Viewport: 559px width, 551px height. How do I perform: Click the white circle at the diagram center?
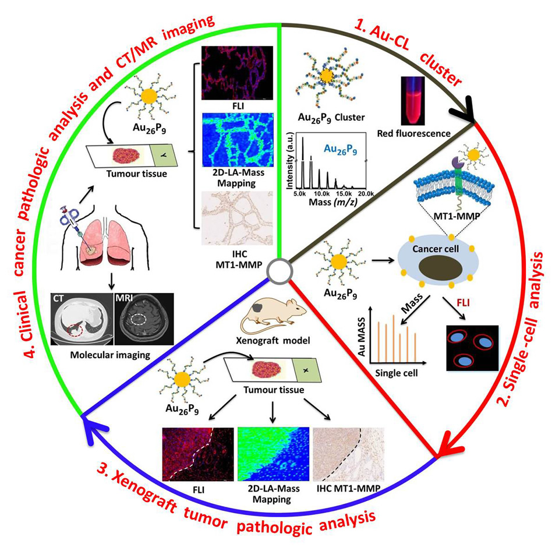[x=278, y=270]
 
